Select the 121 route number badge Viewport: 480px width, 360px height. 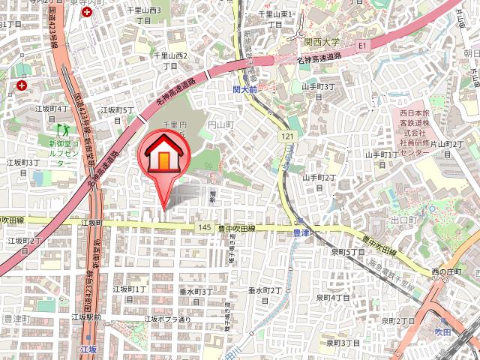point(289,136)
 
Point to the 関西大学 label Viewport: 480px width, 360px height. point(322,42)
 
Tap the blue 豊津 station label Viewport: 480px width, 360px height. point(298,234)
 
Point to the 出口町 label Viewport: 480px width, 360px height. point(403,220)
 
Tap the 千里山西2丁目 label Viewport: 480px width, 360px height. point(171,60)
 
